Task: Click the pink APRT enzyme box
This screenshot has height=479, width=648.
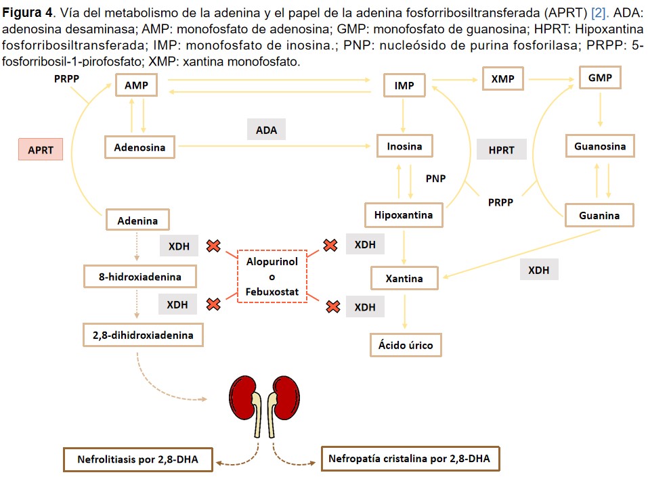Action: click(41, 149)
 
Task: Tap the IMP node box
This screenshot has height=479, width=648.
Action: click(404, 86)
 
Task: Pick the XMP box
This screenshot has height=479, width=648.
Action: click(502, 79)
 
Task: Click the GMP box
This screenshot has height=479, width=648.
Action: click(600, 78)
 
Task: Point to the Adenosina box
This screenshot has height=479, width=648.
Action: click(139, 146)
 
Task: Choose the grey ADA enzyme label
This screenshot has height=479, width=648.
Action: click(266, 130)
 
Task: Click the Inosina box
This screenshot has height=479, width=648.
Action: click(404, 146)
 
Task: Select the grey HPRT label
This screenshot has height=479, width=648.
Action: click(502, 150)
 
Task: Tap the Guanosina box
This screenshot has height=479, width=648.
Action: click(600, 146)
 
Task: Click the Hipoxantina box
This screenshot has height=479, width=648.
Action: click(404, 215)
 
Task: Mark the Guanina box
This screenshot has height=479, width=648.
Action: click(599, 216)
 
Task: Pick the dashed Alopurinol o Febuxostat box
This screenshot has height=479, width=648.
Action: click(272, 276)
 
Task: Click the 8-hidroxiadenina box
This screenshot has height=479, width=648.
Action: click(141, 276)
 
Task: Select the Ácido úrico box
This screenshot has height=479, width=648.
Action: click(406, 345)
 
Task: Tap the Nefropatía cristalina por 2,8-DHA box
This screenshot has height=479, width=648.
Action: click(409, 459)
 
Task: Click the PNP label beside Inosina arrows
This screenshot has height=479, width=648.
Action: click(435, 179)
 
